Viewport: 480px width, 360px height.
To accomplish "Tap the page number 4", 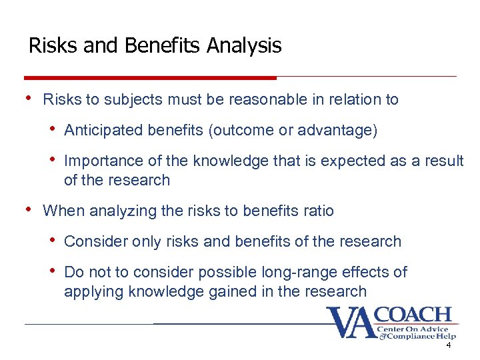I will [x=449, y=346].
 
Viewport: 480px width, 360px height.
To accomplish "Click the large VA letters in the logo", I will [x=351, y=323].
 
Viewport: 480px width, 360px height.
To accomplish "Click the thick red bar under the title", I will [x=150, y=77].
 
